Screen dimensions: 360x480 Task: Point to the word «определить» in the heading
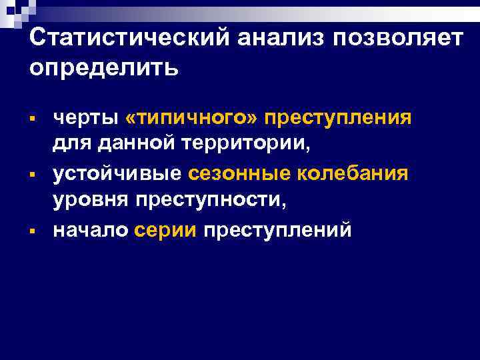(104, 68)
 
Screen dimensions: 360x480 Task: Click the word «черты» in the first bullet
(84, 118)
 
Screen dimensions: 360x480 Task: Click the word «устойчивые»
(117, 174)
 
